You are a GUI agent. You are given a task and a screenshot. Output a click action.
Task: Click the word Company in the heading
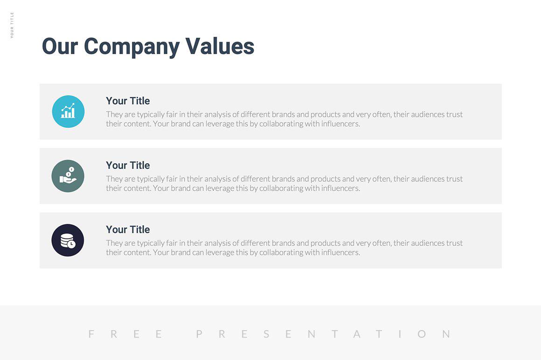pyautogui.click(x=132, y=47)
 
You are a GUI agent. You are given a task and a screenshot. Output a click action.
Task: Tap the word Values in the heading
pyautogui.click(x=220, y=47)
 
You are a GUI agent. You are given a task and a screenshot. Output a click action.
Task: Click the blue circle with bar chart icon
pyautogui.click(x=68, y=111)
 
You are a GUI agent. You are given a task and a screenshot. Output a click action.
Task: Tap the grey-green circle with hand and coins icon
pyautogui.click(x=68, y=176)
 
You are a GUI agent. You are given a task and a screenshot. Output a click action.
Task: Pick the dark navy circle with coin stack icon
pyautogui.click(x=68, y=240)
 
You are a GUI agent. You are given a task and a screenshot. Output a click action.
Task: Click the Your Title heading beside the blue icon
pyautogui.click(x=128, y=101)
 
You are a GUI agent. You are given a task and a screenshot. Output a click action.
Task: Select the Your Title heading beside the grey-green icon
pyautogui.click(x=128, y=165)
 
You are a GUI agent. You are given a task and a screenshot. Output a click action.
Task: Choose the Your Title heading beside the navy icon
pyautogui.click(x=128, y=229)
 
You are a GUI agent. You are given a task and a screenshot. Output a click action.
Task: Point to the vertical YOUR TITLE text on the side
pyautogui.click(x=12, y=25)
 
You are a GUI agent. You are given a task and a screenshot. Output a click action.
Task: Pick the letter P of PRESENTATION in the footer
pyautogui.click(x=200, y=334)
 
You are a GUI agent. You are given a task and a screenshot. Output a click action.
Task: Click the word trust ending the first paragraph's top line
pyautogui.click(x=454, y=114)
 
